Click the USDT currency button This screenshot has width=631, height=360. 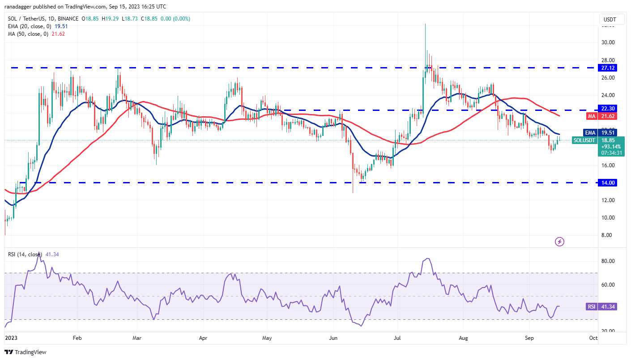tap(610, 20)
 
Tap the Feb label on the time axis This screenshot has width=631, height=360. tap(77, 338)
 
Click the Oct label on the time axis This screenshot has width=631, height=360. tap(593, 338)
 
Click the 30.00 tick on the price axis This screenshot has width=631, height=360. tap(608, 42)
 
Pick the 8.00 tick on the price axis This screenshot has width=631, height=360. tap(607, 235)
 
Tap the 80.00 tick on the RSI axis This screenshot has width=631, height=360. tap(608, 261)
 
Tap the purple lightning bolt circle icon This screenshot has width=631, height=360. tap(559, 242)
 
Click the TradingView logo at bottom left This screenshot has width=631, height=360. tap(26, 352)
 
